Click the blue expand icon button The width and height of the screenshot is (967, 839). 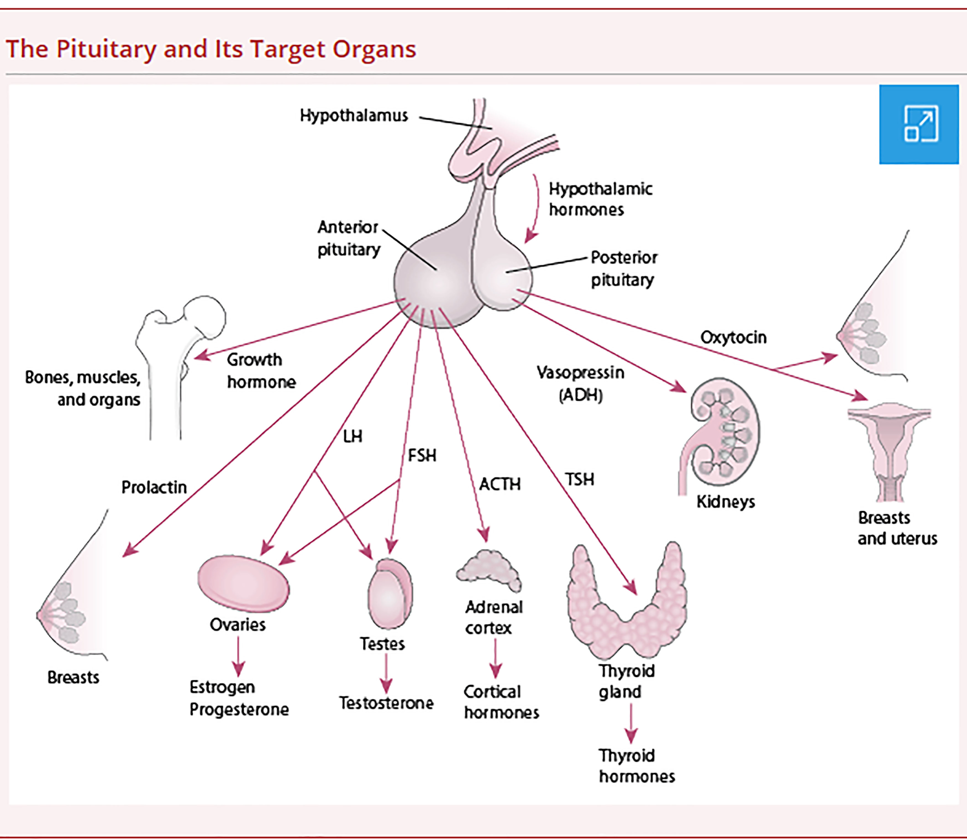pos(919,124)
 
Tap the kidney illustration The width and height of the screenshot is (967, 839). pos(724,433)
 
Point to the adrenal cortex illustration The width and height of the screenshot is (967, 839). pos(489,571)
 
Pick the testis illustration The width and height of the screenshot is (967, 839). pos(390,594)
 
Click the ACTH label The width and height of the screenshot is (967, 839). pos(500,484)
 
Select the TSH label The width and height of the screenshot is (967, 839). pos(579,479)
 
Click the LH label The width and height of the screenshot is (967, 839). pos(353,437)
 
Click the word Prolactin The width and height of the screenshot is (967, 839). pos(154,487)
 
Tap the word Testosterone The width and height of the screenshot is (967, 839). pos(386,703)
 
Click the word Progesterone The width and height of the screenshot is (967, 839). pos(239,710)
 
